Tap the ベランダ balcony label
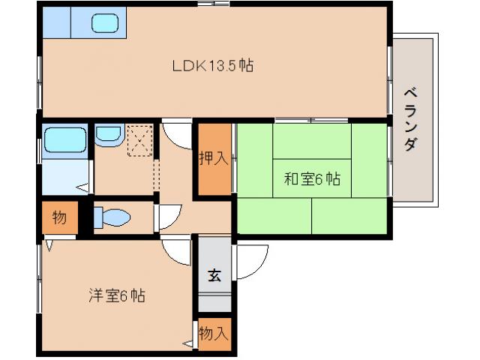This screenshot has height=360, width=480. click(410, 120)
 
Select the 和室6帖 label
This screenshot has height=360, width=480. click(312, 179)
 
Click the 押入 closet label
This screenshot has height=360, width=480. click(213, 159)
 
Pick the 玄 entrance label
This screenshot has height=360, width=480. click(214, 274)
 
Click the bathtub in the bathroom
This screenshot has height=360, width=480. click(64, 139)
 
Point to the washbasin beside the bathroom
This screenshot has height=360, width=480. click(109, 135)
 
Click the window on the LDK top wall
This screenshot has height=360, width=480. click(213, 4)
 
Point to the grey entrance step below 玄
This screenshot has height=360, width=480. click(214, 303)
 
